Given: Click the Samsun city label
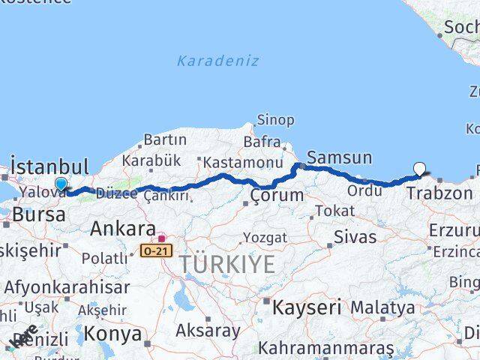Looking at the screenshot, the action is (339, 157).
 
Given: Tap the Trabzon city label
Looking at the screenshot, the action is (439, 193).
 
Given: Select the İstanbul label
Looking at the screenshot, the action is (49, 166).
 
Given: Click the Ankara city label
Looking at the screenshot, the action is (123, 228).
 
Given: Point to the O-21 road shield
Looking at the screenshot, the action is (151, 251).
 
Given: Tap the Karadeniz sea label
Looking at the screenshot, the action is (218, 61).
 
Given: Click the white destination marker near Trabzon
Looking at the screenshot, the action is (419, 169).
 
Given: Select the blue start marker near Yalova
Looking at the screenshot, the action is (61, 184).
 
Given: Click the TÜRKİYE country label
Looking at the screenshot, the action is (226, 263).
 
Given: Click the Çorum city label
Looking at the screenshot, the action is (277, 196).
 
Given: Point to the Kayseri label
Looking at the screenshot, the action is (306, 307).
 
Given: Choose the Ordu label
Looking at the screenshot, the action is (365, 191).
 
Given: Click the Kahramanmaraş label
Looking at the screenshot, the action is (326, 348).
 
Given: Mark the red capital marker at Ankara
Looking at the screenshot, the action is (160, 238).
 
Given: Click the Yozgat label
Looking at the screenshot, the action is (265, 238).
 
